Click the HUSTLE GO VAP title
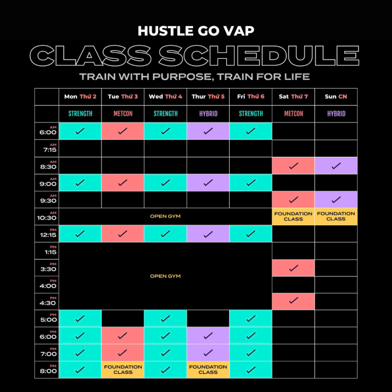pos(196,31)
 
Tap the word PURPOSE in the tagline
pos(183,77)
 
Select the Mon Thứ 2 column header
pos(80,97)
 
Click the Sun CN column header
pos(336,97)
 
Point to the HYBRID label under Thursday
pos(208,114)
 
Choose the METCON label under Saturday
pos(294,114)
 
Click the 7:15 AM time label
pos(50,148)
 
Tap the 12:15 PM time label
pos(48,234)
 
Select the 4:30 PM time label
pos(48,302)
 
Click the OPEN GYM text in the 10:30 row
pos(165,216)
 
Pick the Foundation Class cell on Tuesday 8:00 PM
pos(123,369)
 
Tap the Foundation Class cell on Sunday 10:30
pos(336,216)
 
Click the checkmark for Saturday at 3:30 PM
pos(294,268)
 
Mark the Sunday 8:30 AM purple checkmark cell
pos(336,166)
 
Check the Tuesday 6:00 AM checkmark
pos(123,131)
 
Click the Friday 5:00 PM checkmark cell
pos(251,318)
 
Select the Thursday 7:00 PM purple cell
pos(208,352)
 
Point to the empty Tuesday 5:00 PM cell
pos(123,318)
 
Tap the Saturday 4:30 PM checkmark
pos(294,300)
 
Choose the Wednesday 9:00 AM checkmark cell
pos(166,182)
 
